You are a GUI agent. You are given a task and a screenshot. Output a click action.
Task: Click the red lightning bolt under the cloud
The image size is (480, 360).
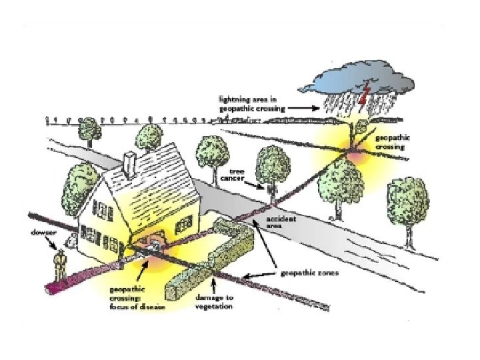coord(363,100)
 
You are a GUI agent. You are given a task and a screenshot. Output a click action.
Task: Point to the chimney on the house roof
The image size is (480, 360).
coord(131,163)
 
